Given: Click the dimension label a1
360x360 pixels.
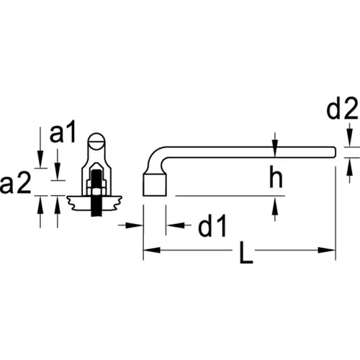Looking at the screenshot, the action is pos(63,132).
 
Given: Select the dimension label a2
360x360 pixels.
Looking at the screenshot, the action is pos(16,183).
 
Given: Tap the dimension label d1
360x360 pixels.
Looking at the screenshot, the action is pos(212,225).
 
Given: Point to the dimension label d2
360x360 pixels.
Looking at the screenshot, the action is pos(343,108).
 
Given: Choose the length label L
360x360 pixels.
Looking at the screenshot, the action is pos(246,253).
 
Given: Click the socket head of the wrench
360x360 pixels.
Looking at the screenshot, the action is pos(155,184).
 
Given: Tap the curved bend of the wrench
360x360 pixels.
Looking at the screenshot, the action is pos(155,158).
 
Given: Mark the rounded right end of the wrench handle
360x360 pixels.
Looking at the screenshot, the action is pos(333,152).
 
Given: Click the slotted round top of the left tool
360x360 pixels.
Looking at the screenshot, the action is pos(96,141).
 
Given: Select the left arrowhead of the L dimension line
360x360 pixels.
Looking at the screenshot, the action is pos(152,250).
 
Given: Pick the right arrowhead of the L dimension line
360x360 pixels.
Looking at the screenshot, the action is pos(326,250).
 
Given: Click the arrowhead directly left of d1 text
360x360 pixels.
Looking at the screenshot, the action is pos(176,225).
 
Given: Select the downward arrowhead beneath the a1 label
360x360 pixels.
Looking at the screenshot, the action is pos(57,171).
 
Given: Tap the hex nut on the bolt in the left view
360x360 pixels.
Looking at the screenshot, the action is pos(96,189).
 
